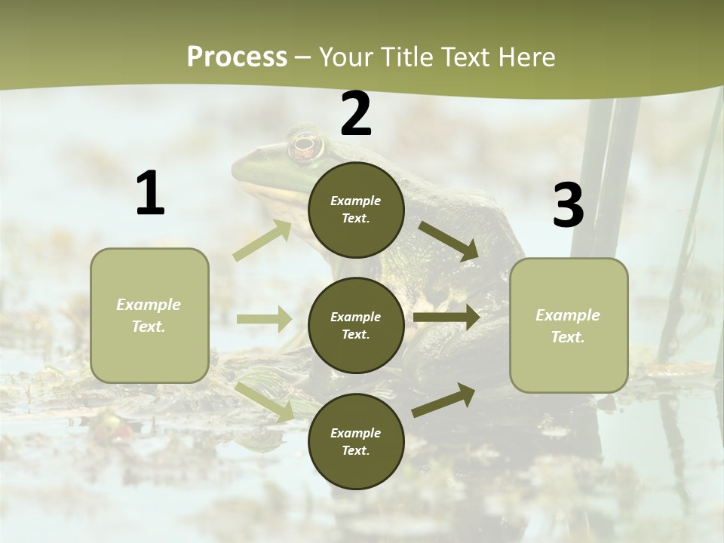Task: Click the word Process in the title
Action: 237,57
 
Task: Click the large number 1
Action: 150,194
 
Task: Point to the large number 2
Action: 356,114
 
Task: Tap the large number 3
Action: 568,206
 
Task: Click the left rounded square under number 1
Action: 149,315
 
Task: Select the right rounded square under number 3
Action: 569,325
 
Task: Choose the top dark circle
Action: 356,210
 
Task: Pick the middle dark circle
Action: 356,325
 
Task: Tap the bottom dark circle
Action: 356,441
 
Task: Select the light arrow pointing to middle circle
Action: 264,319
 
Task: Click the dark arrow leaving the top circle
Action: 449,241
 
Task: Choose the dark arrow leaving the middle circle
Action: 446,318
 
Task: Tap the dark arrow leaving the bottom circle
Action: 443,400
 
